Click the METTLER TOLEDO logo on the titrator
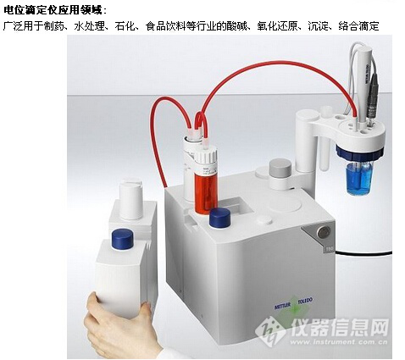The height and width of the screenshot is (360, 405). click(294, 302)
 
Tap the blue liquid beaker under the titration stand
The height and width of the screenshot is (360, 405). click(358, 178)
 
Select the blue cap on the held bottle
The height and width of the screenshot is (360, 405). click(122, 239)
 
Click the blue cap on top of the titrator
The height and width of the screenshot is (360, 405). click(219, 218)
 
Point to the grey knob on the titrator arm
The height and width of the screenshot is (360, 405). click(280, 167)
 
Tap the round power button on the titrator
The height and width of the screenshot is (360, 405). click(324, 232)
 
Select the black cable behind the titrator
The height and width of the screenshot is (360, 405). click(363, 252)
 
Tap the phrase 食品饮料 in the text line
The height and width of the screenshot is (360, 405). click(165, 26)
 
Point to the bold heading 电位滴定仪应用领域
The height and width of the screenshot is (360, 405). click(53, 10)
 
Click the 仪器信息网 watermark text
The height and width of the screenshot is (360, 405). click(340, 328)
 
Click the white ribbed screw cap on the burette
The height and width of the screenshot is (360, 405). click(206, 154)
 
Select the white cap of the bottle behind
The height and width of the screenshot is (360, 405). click(130, 201)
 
